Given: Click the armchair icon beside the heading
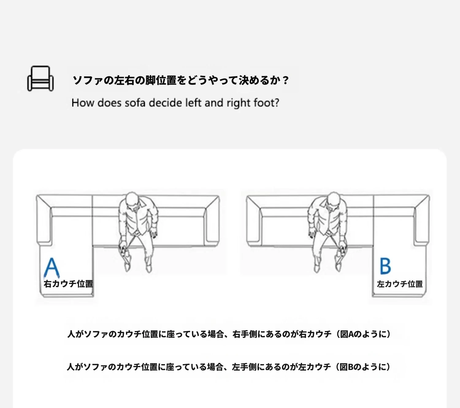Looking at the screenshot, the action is click(x=40, y=79).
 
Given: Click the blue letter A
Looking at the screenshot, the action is click(x=52, y=267).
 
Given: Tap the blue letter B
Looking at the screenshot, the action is click(x=385, y=266).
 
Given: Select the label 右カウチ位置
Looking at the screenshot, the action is click(x=68, y=284).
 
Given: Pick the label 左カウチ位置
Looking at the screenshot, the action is click(x=400, y=284).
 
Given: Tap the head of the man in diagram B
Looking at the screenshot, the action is click(x=333, y=199).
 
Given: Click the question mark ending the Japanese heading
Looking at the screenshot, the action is click(x=285, y=80).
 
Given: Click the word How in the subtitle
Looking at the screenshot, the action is click(x=83, y=103).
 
